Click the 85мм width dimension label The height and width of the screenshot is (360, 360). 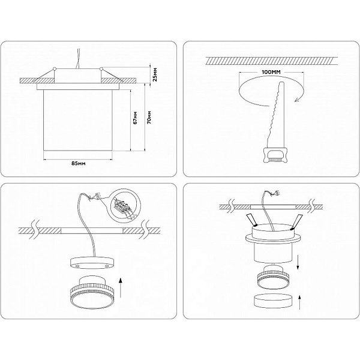pos(79,163)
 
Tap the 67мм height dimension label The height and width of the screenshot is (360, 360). pos(136,118)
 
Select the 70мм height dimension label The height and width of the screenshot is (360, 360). pos(149,118)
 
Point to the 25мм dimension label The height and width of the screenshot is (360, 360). pos(155,74)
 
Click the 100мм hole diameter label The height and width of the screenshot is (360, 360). pos(271,72)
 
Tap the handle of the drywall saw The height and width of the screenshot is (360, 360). pos(275,155)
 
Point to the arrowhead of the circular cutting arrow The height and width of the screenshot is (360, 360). pos(298,99)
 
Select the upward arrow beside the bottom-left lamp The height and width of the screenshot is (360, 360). pos(121,287)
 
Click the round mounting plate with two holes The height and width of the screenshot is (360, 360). pos(92,263)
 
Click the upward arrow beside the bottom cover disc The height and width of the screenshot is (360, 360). pos(299,302)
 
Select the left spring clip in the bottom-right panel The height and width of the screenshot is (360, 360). pos(251,220)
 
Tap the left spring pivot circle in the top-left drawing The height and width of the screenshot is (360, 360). pos(55,68)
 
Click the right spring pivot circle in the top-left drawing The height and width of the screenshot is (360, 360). pos(101,68)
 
